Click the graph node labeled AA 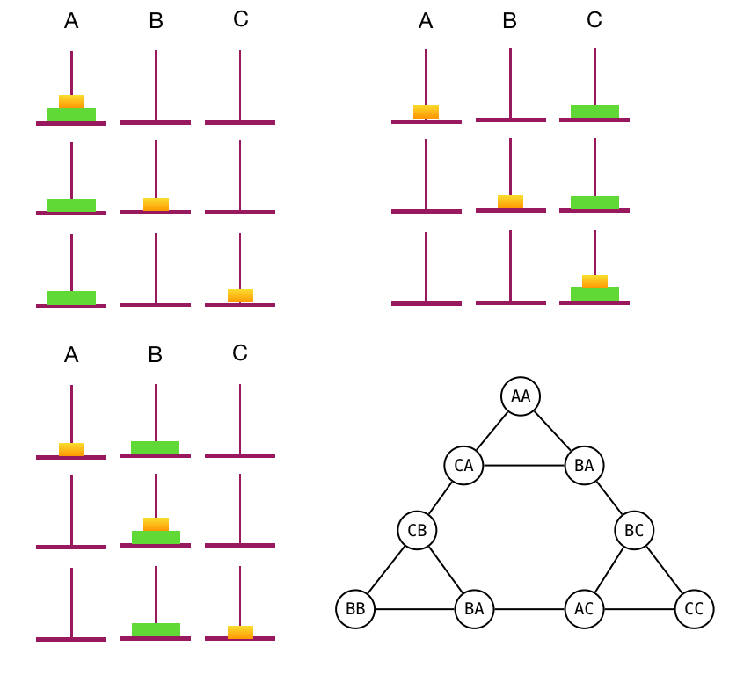[x=521, y=396]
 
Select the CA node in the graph [x=464, y=466]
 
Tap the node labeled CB [x=418, y=530]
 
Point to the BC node [x=634, y=530]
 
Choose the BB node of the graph [x=355, y=609]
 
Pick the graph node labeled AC [x=584, y=609]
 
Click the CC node [x=694, y=609]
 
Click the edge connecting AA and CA [x=492, y=431]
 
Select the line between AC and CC [x=639, y=609]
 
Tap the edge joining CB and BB [x=387, y=570]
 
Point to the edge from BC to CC [x=664, y=570]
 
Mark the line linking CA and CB [x=441, y=498]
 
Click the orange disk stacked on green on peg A [x=71, y=101]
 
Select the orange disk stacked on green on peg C [x=594, y=281]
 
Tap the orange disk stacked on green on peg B [x=156, y=524]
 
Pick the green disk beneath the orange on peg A [x=71, y=114]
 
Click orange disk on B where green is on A [x=156, y=204]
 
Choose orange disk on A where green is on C [x=426, y=112]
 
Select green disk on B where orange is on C [x=156, y=629]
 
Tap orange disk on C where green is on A [x=240, y=295]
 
